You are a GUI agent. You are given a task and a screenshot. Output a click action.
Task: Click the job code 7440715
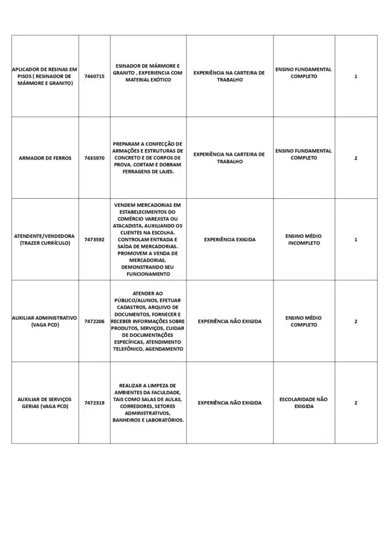(x=94, y=76)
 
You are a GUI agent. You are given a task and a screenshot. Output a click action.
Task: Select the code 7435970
(x=94, y=158)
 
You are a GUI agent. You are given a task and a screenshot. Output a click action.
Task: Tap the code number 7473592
(x=94, y=240)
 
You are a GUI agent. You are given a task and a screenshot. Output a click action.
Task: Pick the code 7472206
(x=94, y=321)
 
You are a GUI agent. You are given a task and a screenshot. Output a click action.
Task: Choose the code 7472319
(x=94, y=403)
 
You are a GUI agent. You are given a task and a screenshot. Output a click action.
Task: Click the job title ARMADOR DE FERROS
(x=45, y=158)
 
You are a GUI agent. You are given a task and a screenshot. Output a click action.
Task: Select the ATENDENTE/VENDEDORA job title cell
(x=45, y=240)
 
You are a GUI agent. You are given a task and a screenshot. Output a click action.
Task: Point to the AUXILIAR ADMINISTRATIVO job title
(x=45, y=321)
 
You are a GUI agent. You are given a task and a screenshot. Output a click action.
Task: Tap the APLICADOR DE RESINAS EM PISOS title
(x=45, y=76)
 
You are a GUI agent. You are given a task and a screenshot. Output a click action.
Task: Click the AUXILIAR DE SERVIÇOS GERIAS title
(x=45, y=403)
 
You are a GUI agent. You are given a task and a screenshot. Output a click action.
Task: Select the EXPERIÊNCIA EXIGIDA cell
(x=229, y=240)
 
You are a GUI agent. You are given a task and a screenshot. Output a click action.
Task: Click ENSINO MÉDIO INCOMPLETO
(x=304, y=240)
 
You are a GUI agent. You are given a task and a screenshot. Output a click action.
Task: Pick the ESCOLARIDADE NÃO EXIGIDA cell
(x=304, y=403)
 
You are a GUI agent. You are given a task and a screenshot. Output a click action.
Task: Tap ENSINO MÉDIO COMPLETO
(x=304, y=321)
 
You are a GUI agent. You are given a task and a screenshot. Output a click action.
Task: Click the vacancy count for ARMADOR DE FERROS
(x=356, y=158)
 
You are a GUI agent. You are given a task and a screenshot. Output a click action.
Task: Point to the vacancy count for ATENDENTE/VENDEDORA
(x=356, y=240)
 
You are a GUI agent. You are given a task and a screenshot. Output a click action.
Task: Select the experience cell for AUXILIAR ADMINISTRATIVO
(x=229, y=321)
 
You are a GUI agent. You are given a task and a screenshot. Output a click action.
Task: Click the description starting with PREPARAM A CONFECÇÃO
(x=148, y=158)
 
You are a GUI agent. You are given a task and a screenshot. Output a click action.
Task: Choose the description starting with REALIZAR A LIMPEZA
(x=148, y=403)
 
